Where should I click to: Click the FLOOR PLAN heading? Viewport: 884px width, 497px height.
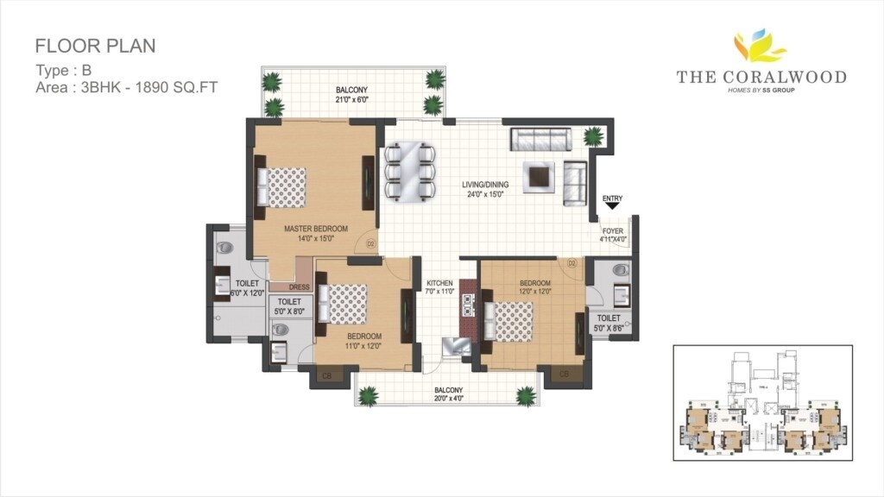(95, 46)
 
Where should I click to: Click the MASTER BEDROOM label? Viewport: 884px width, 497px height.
(316, 229)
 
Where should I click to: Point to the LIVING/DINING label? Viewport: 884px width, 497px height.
(484, 185)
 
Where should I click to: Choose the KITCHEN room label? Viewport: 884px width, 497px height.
(440, 283)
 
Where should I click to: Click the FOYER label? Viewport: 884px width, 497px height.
(613, 231)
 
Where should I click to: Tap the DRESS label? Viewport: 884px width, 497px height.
(300, 287)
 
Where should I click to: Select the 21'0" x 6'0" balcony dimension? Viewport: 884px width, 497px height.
(351, 99)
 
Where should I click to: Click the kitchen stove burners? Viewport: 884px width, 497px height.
(469, 305)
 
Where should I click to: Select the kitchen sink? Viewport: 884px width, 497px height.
(455, 345)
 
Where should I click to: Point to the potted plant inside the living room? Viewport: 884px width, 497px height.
(593, 135)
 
